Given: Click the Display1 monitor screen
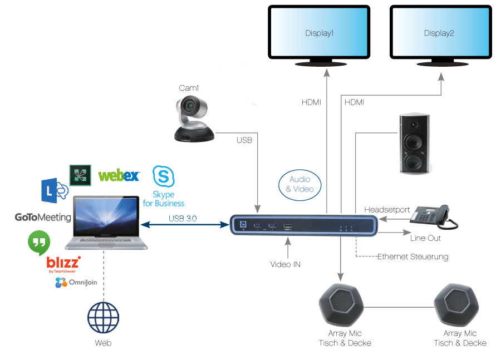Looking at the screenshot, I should (319, 32).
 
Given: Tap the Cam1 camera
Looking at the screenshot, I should (193, 119).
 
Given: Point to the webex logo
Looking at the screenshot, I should (119, 176).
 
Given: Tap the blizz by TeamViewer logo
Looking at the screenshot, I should (63, 263).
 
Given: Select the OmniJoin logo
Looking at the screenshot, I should (76, 283).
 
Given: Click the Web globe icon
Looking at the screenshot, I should (103, 318).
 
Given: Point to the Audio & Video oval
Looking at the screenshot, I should (300, 184).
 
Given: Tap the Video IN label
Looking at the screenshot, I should (286, 264).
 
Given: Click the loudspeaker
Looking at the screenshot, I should (415, 144).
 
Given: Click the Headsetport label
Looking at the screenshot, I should (387, 210).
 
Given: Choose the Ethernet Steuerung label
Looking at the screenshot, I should (412, 257).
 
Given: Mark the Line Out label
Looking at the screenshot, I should (425, 238).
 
